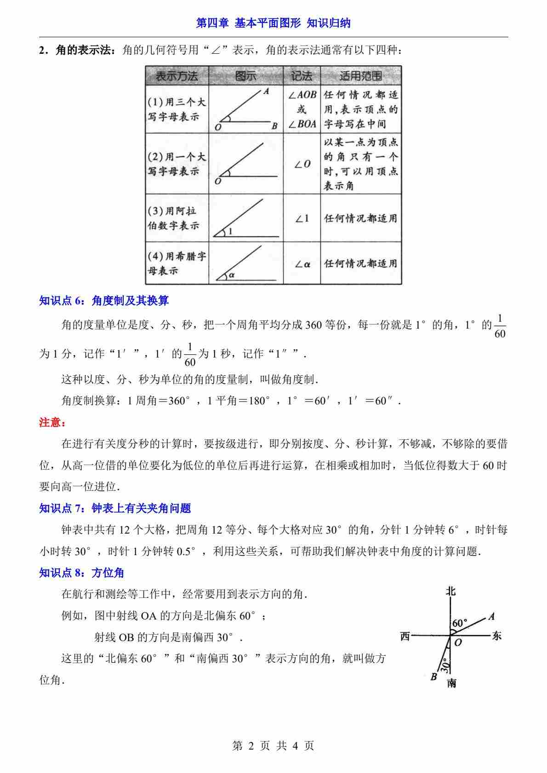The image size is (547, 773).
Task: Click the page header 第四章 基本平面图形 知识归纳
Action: coord(273,23)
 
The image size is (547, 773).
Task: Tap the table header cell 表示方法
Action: coord(177,76)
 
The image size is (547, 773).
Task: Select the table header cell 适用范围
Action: coord(360,76)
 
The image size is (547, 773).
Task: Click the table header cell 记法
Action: coord(302,76)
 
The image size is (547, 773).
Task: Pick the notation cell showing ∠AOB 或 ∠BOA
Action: coord(302,109)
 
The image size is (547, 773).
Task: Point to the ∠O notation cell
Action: coord(302,164)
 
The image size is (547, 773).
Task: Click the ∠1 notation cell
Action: coord(302,219)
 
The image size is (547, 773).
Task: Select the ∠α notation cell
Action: coord(302,264)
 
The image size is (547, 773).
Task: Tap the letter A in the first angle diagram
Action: coord(266,92)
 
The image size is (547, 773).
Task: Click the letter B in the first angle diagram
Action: coord(274,126)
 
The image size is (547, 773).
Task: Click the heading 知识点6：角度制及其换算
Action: coord(104,301)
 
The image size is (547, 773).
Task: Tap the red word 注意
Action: coord(52,423)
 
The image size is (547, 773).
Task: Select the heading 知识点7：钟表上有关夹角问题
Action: coord(115,508)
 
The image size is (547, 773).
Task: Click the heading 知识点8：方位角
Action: coord(82,573)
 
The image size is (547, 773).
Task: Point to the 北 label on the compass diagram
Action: coord(451,591)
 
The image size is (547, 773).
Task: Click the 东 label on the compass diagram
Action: coord(496,636)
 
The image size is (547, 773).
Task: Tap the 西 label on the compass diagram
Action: coord(405,636)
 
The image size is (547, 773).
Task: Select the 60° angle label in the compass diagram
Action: coord(459,624)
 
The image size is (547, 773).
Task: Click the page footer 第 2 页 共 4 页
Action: coord(273,745)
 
